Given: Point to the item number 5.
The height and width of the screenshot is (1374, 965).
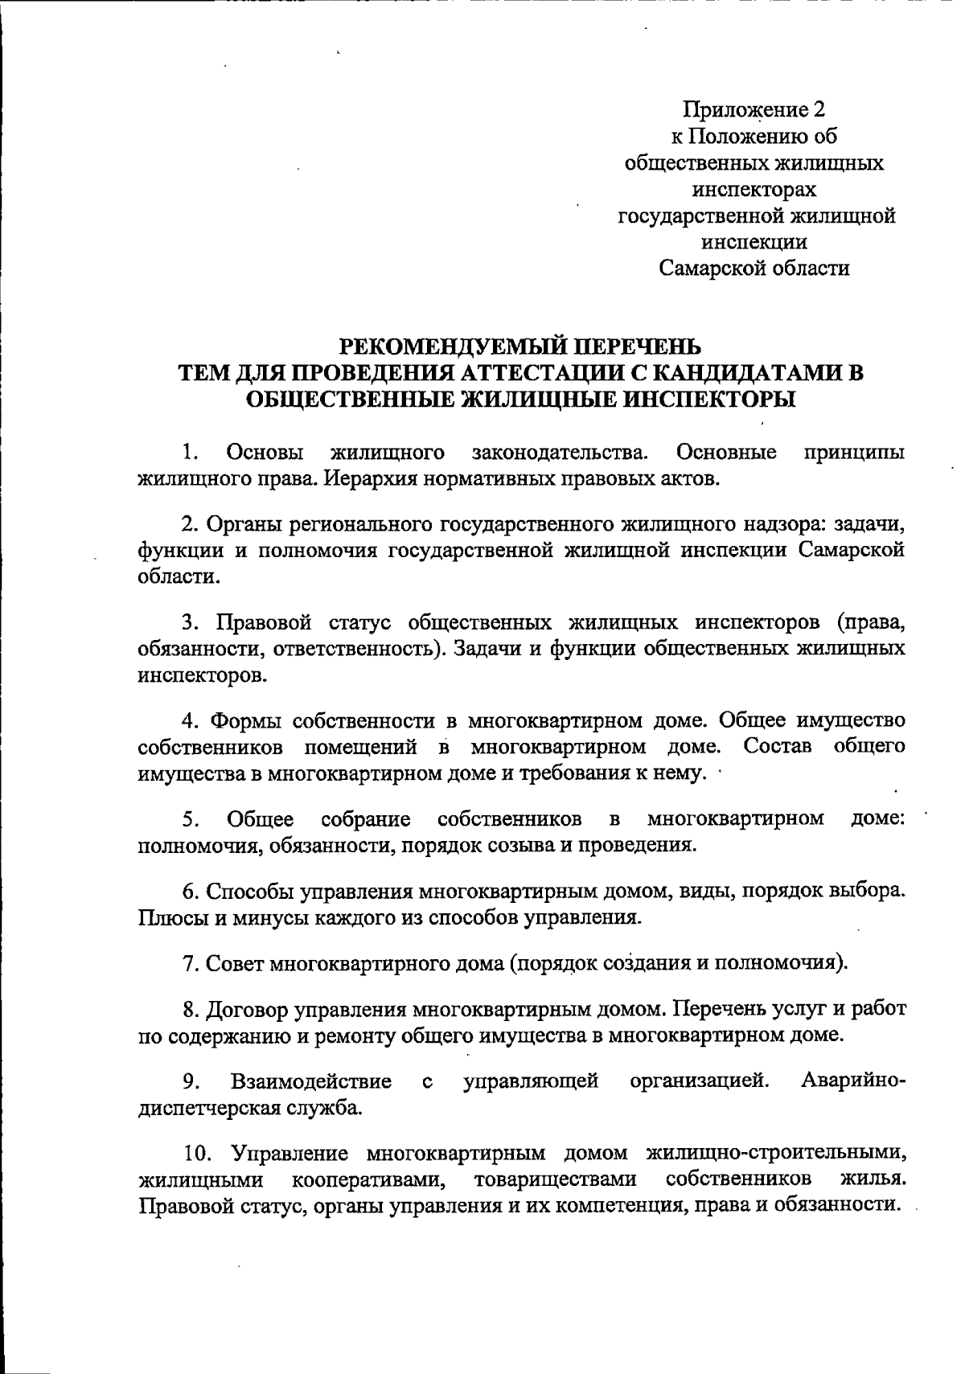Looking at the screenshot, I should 190,819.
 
